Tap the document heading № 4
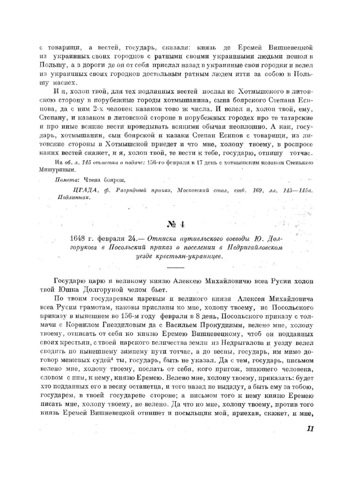[x=176, y=225]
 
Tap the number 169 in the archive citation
[x=257, y=191]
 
